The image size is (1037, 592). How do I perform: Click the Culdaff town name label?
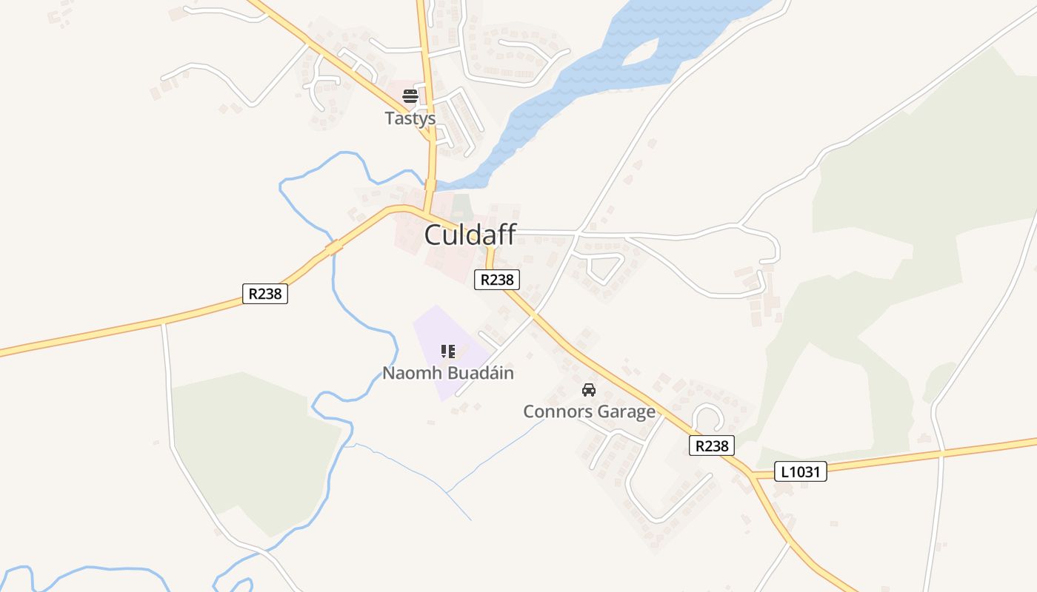pos(470,235)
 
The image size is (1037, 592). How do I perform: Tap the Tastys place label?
pos(410,118)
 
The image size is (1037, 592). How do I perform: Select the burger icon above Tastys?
pos(410,95)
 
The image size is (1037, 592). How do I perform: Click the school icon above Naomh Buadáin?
pos(447,351)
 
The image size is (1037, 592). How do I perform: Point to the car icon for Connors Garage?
pos(589,390)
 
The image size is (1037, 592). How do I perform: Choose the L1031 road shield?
pos(801,471)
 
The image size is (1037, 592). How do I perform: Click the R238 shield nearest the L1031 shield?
pos(712,445)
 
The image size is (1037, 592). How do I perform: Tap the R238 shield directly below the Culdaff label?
pos(496,280)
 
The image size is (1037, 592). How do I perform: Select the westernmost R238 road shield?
pos(265,294)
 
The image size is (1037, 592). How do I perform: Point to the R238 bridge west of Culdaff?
pos(334,246)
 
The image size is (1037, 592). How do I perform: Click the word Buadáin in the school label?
pos(480,373)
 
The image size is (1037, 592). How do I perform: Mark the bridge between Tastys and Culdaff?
pos(430,183)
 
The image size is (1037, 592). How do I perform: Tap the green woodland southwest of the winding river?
pos(252,444)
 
